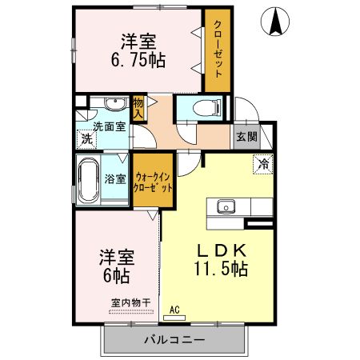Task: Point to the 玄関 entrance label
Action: click(246, 137)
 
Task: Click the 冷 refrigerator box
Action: click(262, 165)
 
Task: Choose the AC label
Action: click(174, 307)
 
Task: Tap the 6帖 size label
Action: click(116, 276)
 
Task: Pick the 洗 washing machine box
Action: click(85, 139)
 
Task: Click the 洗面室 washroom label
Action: click(109, 126)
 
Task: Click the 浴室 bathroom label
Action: click(115, 178)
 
